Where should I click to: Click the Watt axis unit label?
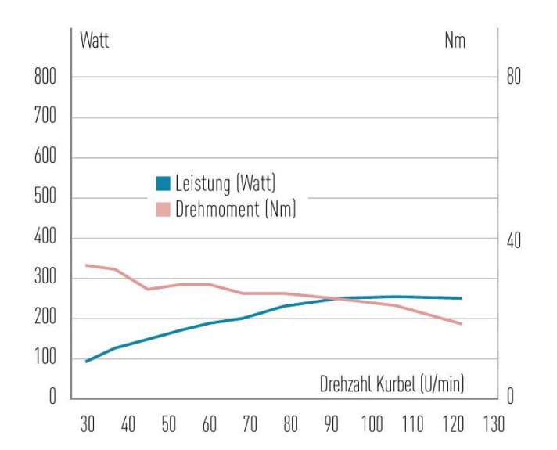(94, 41)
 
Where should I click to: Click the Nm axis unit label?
(455, 41)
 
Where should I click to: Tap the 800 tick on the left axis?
(46, 77)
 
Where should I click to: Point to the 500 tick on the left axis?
(46, 198)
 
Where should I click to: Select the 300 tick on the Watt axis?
(46, 279)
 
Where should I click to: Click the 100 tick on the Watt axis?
(46, 359)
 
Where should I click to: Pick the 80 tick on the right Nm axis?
(512, 77)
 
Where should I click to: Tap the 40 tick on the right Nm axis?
(512, 240)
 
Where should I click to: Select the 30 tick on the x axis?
(88, 425)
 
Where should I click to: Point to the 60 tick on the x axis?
(210, 425)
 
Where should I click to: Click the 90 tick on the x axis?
(332, 425)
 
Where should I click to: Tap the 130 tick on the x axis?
(493, 425)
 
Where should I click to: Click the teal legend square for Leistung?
(163, 185)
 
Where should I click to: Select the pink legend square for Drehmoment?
(163, 209)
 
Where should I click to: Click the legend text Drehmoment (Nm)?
(235, 209)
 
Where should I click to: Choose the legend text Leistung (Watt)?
(225, 185)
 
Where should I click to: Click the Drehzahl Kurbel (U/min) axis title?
(392, 383)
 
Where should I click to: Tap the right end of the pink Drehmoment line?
(462, 324)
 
